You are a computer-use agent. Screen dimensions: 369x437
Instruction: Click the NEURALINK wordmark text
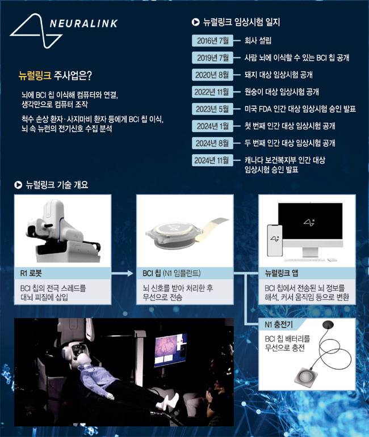coord(83,23)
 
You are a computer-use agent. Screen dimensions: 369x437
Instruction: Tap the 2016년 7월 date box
coord(212,41)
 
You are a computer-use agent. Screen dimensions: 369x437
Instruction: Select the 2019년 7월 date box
coord(212,58)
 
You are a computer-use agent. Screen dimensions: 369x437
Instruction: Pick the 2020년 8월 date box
coord(212,75)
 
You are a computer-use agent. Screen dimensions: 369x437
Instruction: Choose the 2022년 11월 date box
coord(212,92)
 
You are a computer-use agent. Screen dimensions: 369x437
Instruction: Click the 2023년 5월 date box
coord(212,109)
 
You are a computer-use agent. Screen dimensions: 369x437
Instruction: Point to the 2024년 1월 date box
coord(212,126)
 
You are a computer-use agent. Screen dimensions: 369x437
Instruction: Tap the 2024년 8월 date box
coord(212,143)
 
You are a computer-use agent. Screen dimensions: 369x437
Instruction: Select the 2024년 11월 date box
coord(212,160)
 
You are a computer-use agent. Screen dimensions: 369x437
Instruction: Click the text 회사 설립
coord(258,41)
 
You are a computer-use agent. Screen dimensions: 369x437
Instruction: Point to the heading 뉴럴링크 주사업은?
coord(55,76)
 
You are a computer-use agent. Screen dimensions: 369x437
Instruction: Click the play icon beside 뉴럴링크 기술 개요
coord(18,185)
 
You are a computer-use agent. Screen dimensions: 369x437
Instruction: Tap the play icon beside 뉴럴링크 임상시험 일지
coord(196,22)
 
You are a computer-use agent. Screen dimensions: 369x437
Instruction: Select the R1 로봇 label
coord(31,273)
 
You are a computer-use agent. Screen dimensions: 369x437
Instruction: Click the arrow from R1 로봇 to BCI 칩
coord(122,273)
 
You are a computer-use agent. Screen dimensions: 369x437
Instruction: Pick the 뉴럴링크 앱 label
coord(282,273)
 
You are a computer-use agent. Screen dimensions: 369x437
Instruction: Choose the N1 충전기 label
coord(279,324)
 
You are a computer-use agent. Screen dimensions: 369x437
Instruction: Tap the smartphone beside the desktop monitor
coord(275,240)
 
